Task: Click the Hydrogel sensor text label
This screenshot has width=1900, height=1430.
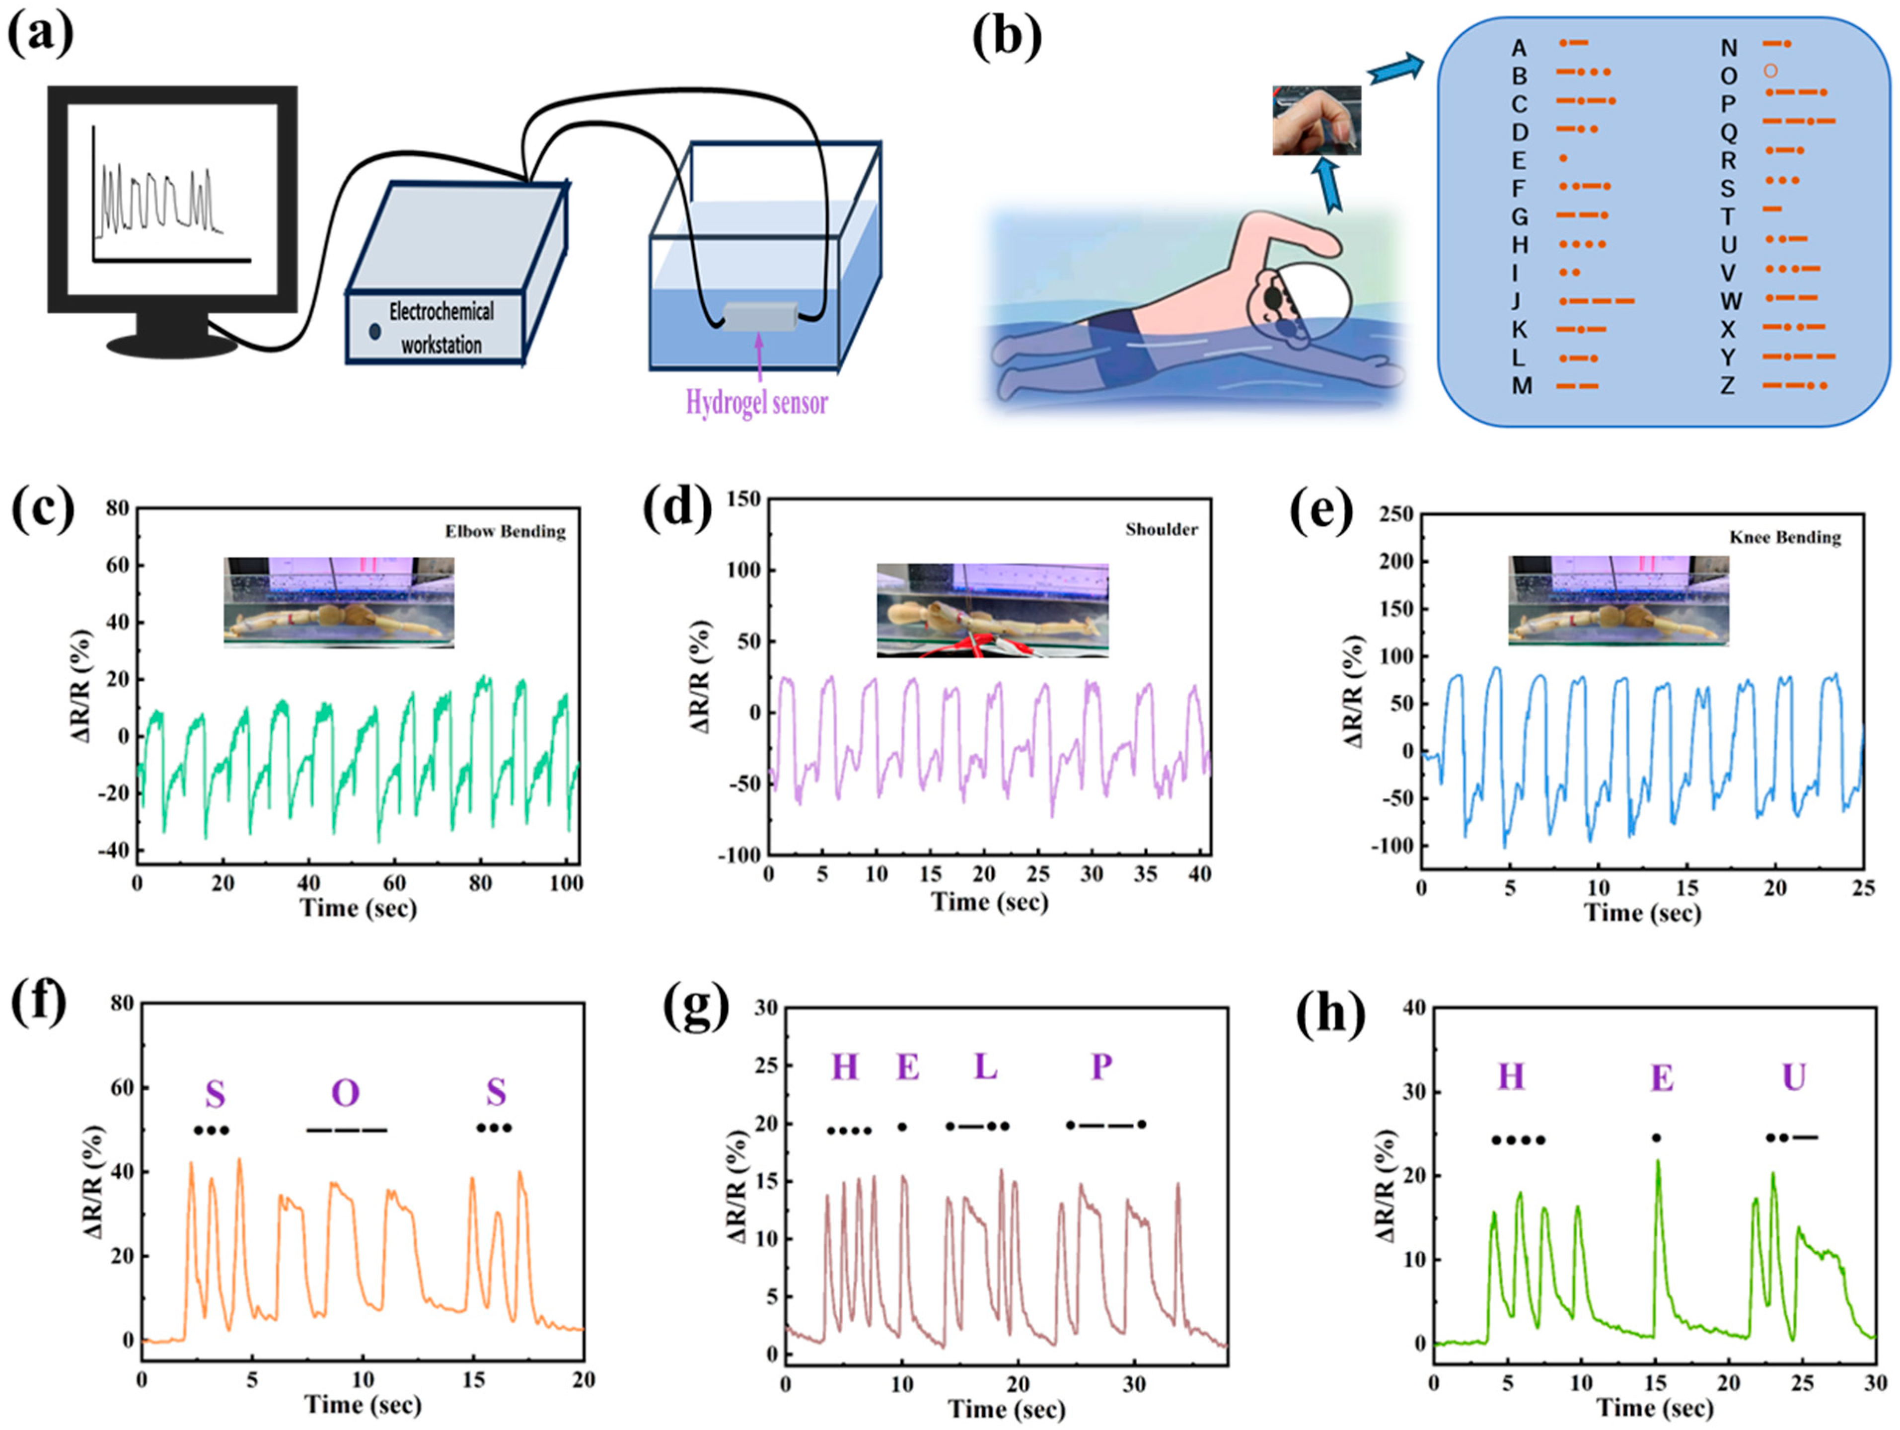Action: [756, 402]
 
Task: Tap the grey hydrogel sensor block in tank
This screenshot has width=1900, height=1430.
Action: [759, 317]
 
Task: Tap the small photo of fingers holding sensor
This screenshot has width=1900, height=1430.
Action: [1316, 120]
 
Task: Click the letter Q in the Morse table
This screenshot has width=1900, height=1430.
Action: [1728, 132]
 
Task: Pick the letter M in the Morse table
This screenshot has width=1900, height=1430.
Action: [1521, 386]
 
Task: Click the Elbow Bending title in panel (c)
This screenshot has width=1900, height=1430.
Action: [505, 532]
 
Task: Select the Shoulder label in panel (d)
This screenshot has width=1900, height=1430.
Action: [1161, 529]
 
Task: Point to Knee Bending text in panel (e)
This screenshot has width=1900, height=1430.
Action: [1785, 538]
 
